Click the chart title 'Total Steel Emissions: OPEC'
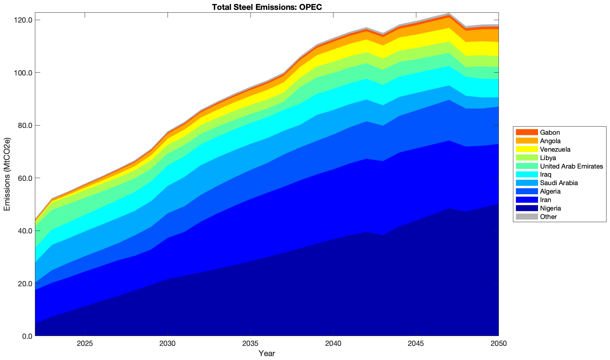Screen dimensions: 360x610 click(267, 7)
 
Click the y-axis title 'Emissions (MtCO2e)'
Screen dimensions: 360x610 click(7, 174)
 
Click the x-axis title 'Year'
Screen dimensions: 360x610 click(267, 353)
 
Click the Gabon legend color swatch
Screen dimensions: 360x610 click(527, 133)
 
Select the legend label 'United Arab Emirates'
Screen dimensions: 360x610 click(571, 166)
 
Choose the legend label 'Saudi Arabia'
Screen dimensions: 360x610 click(559, 183)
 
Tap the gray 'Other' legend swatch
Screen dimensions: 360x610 click(527, 216)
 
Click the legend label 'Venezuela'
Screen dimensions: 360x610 click(555, 150)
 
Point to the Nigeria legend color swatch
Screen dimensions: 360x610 click(527, 208)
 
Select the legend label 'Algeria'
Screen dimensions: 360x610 click(550, 191)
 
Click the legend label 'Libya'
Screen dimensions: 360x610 click(548, 158)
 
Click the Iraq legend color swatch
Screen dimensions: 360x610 click(527, 175)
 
